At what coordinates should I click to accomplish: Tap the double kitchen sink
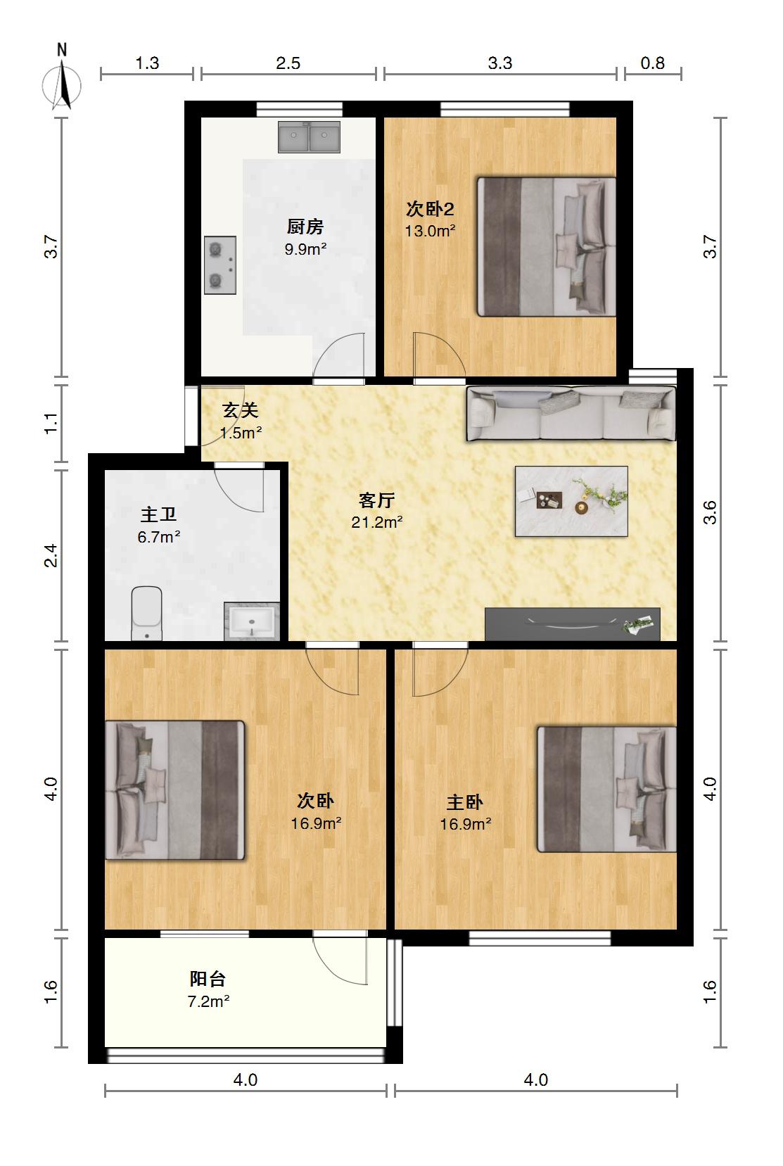click(309, 137)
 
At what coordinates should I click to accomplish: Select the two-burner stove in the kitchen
click(220, 265)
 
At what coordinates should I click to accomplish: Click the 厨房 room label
click(305, 227)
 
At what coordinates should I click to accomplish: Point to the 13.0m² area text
click(431, 231)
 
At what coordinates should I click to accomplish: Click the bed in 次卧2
click(547, 247)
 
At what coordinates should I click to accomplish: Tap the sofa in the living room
click(571, 414)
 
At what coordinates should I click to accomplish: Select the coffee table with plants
click(571, 501)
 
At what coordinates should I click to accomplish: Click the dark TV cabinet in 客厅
click(572, 624)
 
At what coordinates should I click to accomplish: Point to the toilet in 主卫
click(147, 614)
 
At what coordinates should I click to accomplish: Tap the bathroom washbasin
click(253, 621)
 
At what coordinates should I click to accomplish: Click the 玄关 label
click(241, 410)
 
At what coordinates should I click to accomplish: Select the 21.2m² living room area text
click(377, 522)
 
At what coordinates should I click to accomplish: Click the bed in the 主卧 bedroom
click(607, 790)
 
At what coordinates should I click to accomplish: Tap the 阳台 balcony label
click(208, 979)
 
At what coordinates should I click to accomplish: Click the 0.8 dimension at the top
click(652, 63)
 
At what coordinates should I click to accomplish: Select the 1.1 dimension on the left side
click(51, 423)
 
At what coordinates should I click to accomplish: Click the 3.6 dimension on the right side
click(710, 512)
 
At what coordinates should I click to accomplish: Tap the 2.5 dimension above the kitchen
click(288, 63)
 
